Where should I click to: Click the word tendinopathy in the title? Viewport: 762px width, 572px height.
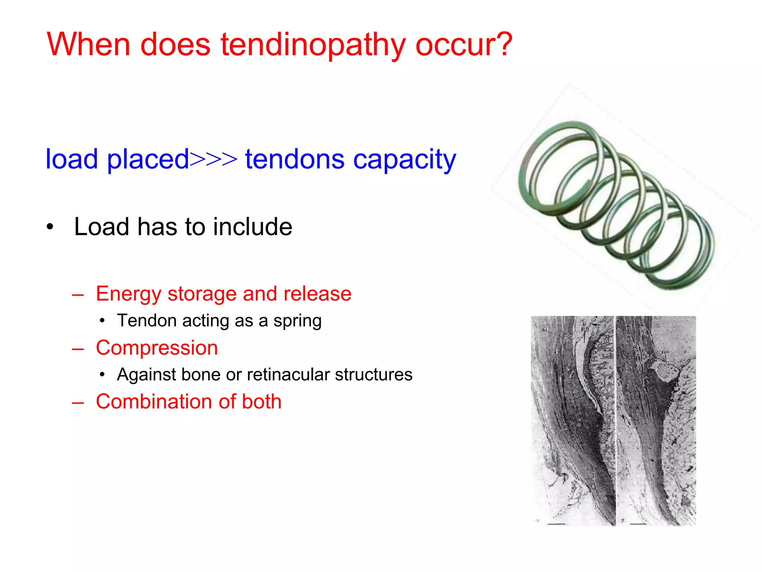(313, 45)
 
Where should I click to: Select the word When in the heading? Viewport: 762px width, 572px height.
(88, 44)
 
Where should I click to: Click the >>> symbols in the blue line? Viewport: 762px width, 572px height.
(214, 159)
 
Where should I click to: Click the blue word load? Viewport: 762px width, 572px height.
(71, 159)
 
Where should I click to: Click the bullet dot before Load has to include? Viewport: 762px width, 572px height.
(50, 227)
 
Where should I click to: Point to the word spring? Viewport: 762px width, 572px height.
(297, 321)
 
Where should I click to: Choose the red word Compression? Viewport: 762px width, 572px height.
(157, 348)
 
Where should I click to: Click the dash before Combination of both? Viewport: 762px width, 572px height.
(78, 402)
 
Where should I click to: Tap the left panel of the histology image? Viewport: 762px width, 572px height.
(572, 421)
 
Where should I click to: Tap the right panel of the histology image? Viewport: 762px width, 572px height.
(656, 421)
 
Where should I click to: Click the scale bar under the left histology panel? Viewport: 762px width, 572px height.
(557, 524)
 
